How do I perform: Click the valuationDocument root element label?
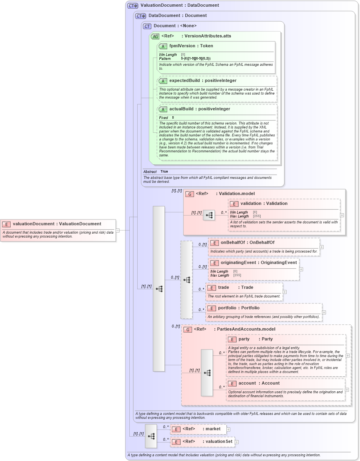(57, 224)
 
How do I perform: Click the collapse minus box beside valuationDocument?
(118, 230)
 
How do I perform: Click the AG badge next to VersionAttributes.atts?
(155, 36)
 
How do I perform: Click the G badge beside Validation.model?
(189, 194)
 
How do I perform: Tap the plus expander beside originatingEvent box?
(301, 270)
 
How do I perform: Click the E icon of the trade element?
(212, 288)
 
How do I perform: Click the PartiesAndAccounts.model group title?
(244, 329)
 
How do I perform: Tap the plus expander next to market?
(228, 429)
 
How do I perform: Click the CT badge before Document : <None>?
(147, 26)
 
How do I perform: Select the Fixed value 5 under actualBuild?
(173, 117)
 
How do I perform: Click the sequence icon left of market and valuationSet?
(151, 436)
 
